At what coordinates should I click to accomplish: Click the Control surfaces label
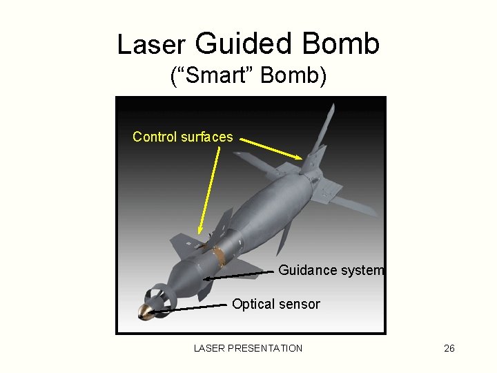pos(182,137)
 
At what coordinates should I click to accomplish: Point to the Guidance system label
pos(331,270)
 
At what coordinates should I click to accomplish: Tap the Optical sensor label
pos(276,304)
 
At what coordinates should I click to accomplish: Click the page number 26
pos(449,348)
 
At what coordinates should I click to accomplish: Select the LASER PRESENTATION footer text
pos(248,348)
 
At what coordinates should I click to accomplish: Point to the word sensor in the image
pos(300,304)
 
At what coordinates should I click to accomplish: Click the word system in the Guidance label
pos(362,270)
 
